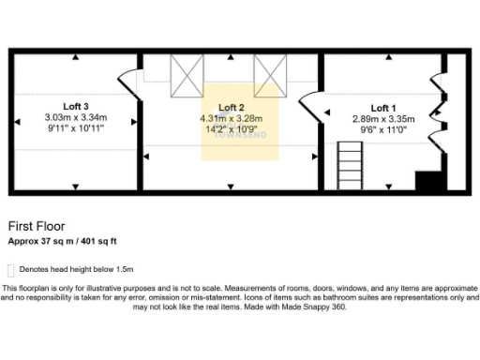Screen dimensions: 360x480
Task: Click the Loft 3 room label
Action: (76, 105)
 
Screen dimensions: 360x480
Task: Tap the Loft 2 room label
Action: (231, 108)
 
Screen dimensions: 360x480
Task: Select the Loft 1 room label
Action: (384, 108)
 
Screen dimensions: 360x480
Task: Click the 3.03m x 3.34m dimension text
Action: (76, 117)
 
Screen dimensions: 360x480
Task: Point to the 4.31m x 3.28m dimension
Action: (231, 119)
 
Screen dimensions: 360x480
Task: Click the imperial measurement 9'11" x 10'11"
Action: (76, 128)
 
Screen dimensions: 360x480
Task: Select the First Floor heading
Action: (36, 227)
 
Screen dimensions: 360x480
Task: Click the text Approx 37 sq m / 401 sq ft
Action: (62, 241)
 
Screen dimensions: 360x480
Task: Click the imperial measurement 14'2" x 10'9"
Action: (231, 130)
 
